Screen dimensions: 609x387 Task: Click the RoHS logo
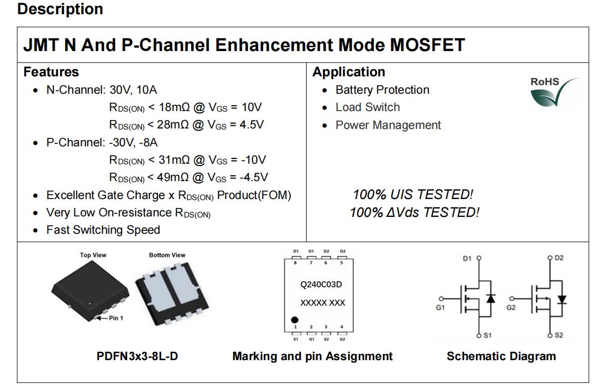pyautogui.click(x=554, y=92)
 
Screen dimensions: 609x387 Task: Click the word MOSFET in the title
pyautogui.click(x=427, y=45)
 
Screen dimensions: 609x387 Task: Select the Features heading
pyautogui.click(x=51, y=72)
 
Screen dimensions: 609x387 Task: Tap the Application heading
pyautogui.click(x=349, y=72)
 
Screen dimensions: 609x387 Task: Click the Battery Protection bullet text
pyautogui.click(x=382, y=90)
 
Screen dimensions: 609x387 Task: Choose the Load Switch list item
pyautogui.click(x=367, y=107)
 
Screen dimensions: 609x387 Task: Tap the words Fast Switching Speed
pyautogui.click(x=103, y=230)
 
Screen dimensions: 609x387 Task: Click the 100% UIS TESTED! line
pyautogui.click(x=413, y=194)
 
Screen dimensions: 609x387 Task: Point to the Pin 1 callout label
pyautogui.click(x=116, y=318)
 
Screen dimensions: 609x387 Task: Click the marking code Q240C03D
pyautogui.click(x=321, y=284)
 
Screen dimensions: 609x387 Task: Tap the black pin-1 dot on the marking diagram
pyautogui.click(x=295, y=320)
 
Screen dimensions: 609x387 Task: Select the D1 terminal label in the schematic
pyautogui.click(x=467, y=259)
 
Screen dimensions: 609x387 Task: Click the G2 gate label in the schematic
pyautogui.click(x=510, y=308)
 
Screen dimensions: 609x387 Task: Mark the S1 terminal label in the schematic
pyautogui.click(x=487, y=335)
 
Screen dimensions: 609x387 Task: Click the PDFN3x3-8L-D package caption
pyautogui.click(x=137, y=356)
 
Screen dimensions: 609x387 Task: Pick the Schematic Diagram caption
pyautogui.click(x=501, y=356)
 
